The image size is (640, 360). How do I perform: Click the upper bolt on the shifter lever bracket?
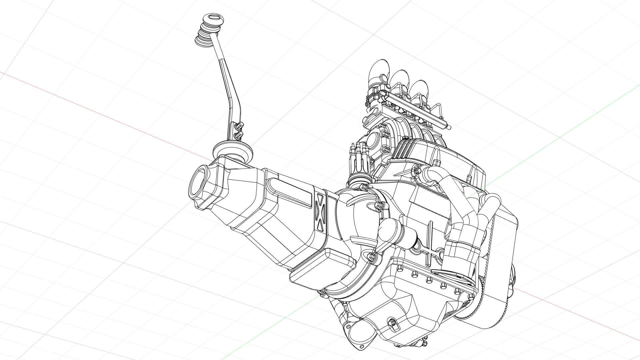click(x=238, y=126)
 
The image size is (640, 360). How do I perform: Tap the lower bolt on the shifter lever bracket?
click(x=238, y=134)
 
